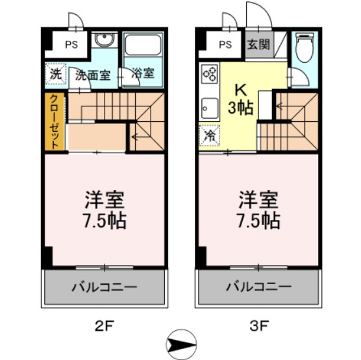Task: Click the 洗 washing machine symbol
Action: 56,73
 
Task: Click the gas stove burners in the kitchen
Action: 210,75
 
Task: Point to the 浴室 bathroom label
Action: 143,73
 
